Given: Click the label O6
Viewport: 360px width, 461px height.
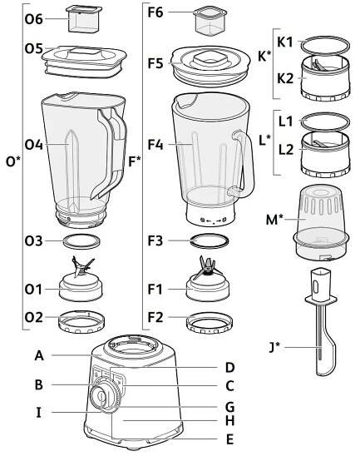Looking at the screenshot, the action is (34, 19).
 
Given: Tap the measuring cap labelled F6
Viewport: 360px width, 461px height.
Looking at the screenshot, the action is (210, 22).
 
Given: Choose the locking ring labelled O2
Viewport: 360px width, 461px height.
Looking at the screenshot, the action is (81, 322).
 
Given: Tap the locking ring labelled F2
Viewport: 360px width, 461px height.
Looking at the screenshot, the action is (210, 324).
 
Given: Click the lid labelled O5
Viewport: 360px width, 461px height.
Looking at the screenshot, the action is (84, 62).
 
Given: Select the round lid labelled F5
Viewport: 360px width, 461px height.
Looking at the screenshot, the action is (211, 67).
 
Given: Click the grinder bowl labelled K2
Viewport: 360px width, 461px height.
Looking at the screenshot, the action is (325, 79).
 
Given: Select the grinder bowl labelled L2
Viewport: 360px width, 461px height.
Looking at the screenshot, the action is (325, 154).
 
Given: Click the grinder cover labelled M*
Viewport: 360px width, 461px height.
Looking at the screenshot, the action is (321, 225).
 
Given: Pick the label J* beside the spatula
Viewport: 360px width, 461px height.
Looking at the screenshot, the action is (274, 347).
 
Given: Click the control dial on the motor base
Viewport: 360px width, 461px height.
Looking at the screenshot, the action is (106, 395).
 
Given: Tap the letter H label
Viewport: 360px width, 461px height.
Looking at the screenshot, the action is (230, 421).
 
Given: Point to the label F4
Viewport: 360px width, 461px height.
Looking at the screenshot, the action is (155, 145).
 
